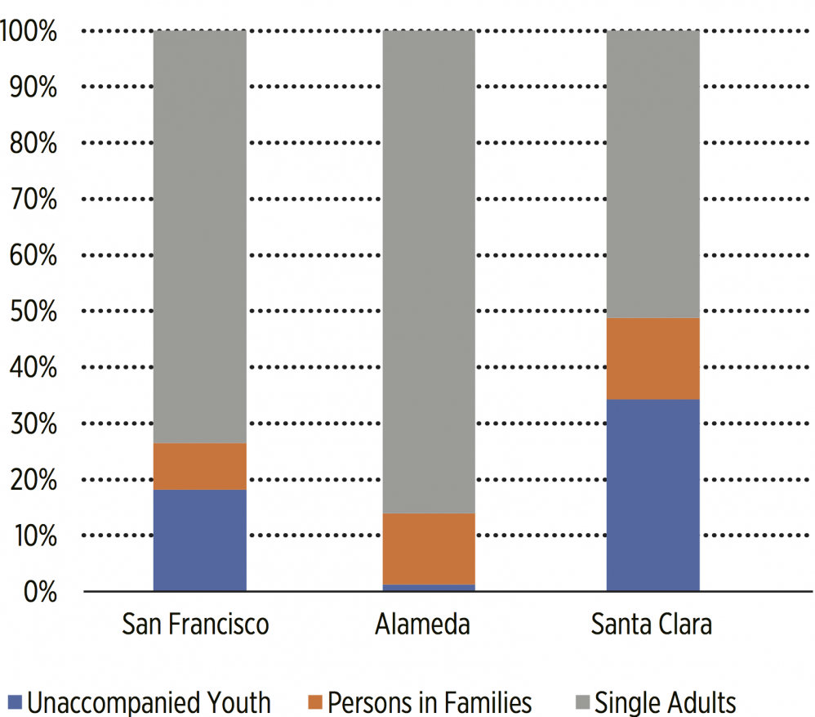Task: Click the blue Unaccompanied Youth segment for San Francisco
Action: tap(199, 540)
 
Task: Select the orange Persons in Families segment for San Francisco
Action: tap(199, 466)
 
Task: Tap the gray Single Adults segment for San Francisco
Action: tap(199, 237)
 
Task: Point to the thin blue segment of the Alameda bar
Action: tap(429, 588)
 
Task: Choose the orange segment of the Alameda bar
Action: tap(429, 549)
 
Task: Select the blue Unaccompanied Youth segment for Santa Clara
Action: tap(652, 495)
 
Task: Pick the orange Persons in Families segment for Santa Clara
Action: tap(652, 358)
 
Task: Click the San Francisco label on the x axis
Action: tap(195, 625)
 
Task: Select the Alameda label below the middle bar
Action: tap(422, 625)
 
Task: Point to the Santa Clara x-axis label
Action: tap(651, 625)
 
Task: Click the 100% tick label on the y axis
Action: tap(29, 32)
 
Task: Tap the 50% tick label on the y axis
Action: tap(34, 312)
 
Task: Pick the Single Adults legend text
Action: tap(665, 701)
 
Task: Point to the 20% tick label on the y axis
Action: tap(34, 480)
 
